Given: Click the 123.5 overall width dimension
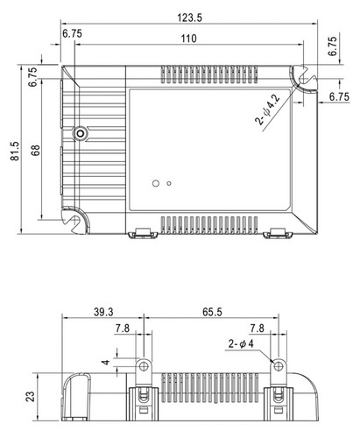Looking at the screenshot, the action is tap(189, 18).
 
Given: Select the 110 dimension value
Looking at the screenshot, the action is tap(188, 39).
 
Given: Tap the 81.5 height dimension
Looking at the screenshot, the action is tap(15, 151).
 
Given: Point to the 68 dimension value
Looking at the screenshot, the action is tap(36, 151).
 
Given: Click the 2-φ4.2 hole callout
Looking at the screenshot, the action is tap(268, 109).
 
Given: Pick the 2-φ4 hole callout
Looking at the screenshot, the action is tap(241, 343).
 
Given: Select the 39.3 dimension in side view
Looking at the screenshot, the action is tap(103, 312).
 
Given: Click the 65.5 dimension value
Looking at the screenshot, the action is tap(212, 312).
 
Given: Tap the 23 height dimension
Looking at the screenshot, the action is tap(31, 396).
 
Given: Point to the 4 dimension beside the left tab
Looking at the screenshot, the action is tap(106, 363).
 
